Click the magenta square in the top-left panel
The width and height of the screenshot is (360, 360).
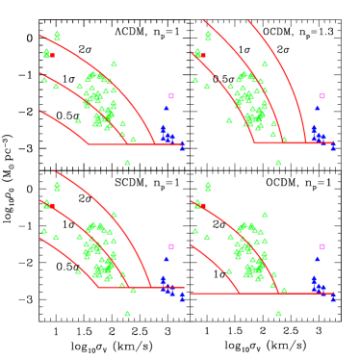[x=171, y=96]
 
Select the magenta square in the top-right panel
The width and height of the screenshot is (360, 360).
[x=321, y=96]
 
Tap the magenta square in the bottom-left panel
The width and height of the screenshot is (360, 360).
[x=171, y=246]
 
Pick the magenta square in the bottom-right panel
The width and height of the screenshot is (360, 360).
[x=321, y=246]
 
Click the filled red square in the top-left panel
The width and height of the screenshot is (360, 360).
[x=52, y=55]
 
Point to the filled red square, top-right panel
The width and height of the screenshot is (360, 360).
[x=202, y=55]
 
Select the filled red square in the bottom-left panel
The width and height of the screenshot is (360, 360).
[x=52, y=205]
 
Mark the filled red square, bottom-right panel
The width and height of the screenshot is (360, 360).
[x=202, y=205]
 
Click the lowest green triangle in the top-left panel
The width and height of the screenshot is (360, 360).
[x=127, y=163]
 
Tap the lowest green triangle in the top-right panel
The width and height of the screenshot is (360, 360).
[x=278, y=163]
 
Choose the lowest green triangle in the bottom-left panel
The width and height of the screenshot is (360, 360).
[x=127, y=313]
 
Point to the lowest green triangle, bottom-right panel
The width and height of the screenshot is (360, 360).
[x=278, y=313]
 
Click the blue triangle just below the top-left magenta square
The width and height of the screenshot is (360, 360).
[x=166, y=108]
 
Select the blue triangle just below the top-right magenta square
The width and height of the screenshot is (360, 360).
[x=317, y=108]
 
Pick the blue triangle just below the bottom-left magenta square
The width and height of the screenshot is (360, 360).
[x=166, y=258]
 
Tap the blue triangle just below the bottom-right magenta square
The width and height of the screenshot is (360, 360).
[x=317, y=258]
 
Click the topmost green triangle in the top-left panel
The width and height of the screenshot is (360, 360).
[x=57, y=35]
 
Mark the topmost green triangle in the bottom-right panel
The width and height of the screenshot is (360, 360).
[x=208, y=184]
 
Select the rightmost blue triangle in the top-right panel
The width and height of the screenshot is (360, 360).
[x=333, y=147]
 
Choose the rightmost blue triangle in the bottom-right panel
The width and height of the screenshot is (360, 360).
[x=333, y=297]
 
